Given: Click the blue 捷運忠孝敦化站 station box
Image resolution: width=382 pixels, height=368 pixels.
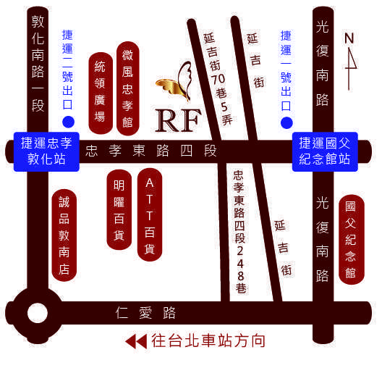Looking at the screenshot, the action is coord(46,151).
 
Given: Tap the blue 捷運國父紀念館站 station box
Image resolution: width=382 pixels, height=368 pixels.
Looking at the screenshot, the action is coord(325,151).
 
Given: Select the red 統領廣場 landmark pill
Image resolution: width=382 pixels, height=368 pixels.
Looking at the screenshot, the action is coord(101,93).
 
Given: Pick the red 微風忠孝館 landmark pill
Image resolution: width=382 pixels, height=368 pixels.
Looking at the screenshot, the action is coord(128,88).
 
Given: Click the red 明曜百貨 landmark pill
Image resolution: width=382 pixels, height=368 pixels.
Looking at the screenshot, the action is coord(119,209).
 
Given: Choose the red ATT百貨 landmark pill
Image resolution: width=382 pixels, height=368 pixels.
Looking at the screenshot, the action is coord(150,214).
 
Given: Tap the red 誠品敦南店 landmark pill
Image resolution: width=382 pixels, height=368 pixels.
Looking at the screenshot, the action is coord(64,235).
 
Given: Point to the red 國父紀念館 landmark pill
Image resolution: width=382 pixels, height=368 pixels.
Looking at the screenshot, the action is coord(352,240).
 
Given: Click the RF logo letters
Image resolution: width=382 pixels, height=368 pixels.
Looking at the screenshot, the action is coord(178,120).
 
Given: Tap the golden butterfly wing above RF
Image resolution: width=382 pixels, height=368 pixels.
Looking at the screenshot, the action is coord(175,82).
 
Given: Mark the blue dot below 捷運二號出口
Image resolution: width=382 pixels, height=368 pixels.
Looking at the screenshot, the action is coord(69,122).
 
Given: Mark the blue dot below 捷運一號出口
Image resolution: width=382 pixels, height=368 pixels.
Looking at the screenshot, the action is coord(286,122).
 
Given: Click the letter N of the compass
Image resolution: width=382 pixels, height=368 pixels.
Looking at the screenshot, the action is coord(349,38).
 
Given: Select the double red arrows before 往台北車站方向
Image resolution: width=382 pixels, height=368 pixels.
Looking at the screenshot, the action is coord(136,341).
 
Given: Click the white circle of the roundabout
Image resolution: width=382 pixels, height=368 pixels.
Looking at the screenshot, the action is coord(38,313).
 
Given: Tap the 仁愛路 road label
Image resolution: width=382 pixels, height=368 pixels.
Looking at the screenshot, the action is coord(145,313).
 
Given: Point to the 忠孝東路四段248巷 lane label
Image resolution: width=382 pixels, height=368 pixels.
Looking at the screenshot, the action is coord(240,232).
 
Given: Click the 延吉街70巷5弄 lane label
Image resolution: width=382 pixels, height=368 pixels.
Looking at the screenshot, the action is coord(218,79).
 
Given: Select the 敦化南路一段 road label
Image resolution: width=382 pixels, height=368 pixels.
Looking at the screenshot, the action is coord(38,64).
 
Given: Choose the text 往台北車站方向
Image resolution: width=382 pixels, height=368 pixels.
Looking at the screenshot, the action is coord(208,340).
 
